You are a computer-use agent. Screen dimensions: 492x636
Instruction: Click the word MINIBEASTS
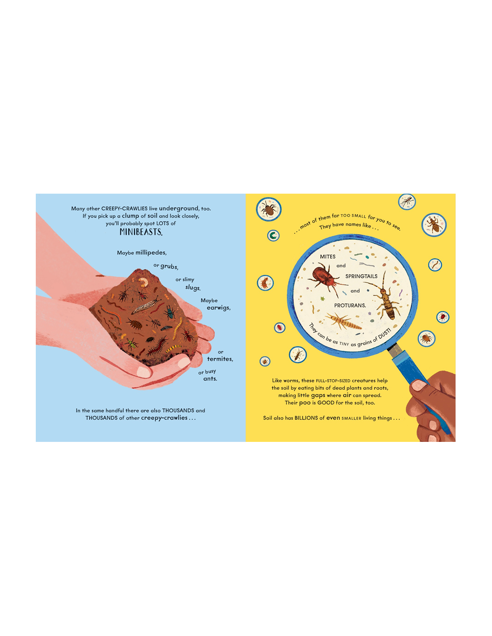pyautogui.click(x=141, y=232)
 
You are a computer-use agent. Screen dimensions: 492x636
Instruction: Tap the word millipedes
pyautogui.click(x=151, y=253)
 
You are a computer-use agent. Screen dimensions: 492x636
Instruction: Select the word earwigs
pyautogui.click(x=218, y=308)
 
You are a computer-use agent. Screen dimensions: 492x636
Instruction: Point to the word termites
pyautogui.click(x=220, y=359)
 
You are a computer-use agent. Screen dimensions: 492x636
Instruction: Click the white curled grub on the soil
pyautogui.click(x=144, y=282)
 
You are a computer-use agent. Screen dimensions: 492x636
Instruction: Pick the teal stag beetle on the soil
pyautogui.click(x=170, y=312)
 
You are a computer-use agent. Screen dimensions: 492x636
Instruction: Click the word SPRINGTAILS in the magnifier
pyautogui.click(x=361, y=276)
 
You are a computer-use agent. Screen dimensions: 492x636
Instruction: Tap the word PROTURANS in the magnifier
pyautogui.click(x=350, y=305)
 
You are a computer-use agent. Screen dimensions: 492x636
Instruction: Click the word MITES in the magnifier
pyautogui.click(x=327, y=257)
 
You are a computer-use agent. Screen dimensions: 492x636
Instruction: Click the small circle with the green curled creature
pyautogui.click(x=273, y=235)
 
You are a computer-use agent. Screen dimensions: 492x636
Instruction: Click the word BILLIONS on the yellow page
pyautogui.click(x=306, y=418)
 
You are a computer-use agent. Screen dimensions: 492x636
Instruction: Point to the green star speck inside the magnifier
pyautogui.click(x=323, y=299)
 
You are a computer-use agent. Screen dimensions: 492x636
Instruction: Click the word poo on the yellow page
pyautogui.click(x=305, y=403)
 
